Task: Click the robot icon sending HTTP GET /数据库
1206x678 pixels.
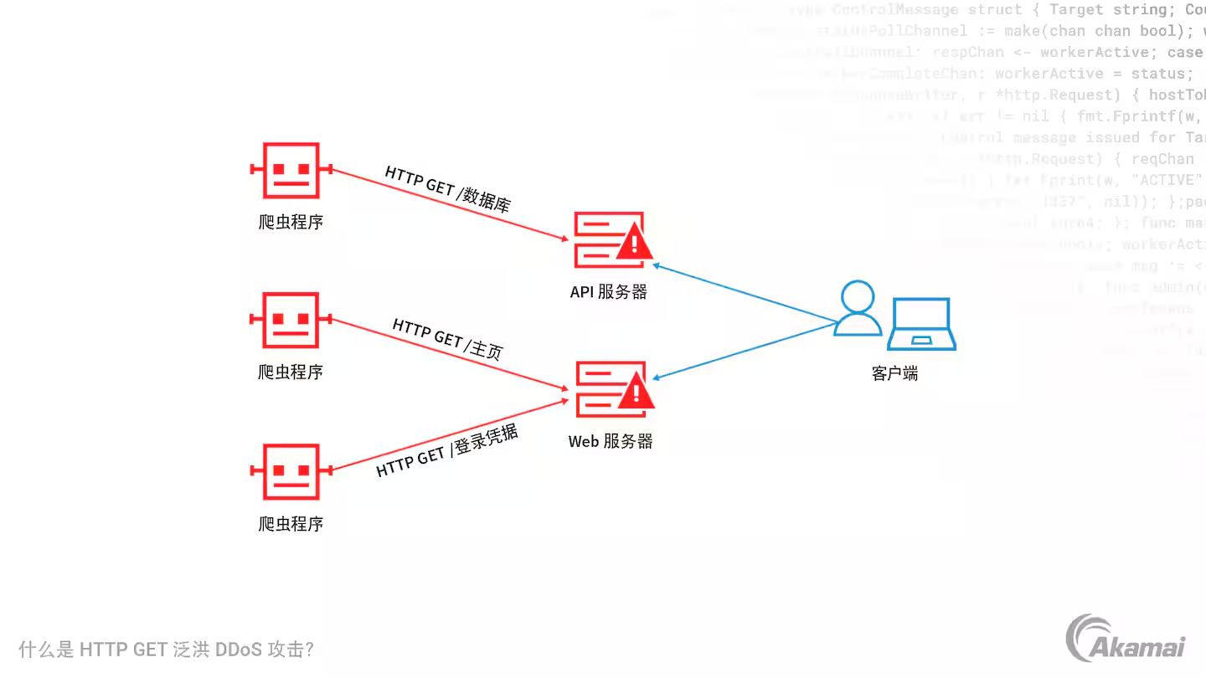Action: tap(291, 170)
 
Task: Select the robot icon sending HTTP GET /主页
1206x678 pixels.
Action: tap(291, 320)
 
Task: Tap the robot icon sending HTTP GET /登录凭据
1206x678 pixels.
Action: tap(291, 471)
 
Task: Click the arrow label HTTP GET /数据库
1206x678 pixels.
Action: tap(448, 188)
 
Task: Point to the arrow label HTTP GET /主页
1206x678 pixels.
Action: tap(448, 338)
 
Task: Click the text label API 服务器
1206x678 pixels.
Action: tap(609, 292)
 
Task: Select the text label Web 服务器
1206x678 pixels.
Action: tap(611, 441)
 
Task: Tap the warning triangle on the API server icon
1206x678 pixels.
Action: tap(634, 243)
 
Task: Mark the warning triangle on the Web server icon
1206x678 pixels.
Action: tap(634, 393)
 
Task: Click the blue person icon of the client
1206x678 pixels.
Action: tap(858, 309)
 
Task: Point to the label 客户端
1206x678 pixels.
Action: tap(894, 373)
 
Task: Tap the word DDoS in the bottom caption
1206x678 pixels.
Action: tap(238, 650)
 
